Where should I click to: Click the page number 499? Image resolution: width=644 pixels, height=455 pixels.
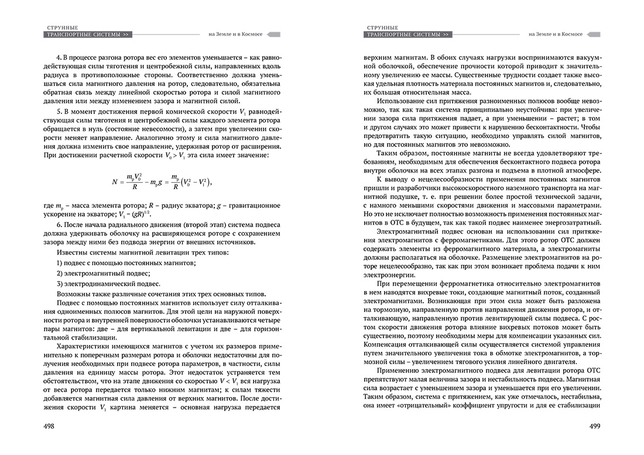pos(599,427)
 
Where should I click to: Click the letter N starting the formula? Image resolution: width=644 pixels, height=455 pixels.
pos(115,182)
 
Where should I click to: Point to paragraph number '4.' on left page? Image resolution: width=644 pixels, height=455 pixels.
pos(59,59)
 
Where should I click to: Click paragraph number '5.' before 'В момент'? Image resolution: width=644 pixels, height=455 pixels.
pos(59,111)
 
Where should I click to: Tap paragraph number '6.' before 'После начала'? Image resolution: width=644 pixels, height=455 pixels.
pos(59,225)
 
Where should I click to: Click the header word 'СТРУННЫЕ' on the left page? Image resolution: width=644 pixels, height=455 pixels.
pos(62,28)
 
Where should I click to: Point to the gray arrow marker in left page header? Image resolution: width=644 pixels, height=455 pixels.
pos(273,35)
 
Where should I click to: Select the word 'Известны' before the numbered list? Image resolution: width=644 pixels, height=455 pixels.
pos(72,252)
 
